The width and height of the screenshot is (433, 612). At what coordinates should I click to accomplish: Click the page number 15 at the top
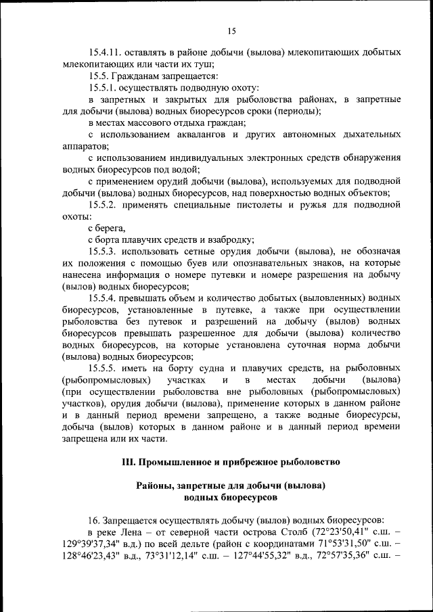pyautogui.click(x=231, y=30)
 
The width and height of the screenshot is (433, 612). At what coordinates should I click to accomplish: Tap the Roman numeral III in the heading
pyautogui.click(x=129, y=462)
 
